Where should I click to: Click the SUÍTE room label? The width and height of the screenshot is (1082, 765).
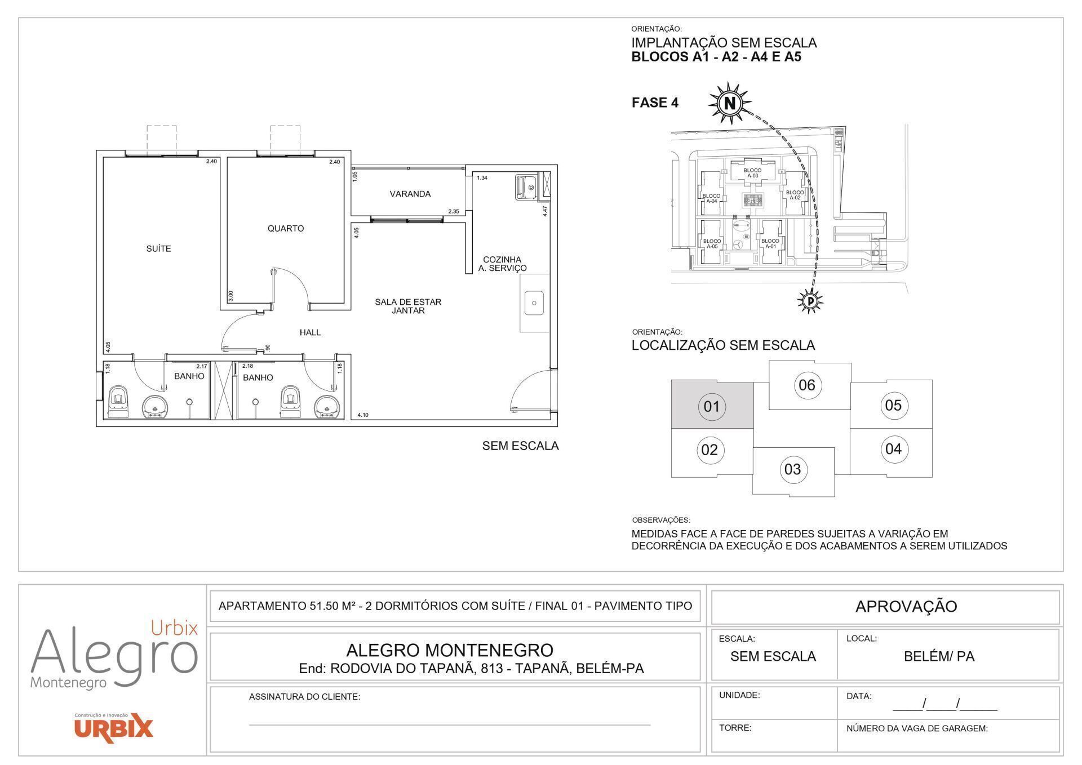[x=158, y=248]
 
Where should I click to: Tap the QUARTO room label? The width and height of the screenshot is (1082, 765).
[x=286, y=228]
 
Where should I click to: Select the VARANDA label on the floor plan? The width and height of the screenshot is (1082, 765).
[x=410, y=194]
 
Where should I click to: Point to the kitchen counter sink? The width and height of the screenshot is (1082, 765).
[x=534, y=303]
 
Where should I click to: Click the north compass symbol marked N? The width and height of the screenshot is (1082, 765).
[x=730, y=103]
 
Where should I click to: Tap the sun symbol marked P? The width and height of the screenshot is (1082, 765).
[x=810, y=301]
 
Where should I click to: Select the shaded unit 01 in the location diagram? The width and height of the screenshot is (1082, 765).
[x=712, y=406]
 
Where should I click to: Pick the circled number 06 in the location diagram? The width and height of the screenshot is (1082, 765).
[x=807, y=385]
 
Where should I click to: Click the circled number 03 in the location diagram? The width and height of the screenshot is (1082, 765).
[x=792, y=469]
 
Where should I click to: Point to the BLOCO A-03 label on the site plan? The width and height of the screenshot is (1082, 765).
[x=752, y=173]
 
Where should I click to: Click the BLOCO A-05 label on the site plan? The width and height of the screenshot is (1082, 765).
[x=712, y=244]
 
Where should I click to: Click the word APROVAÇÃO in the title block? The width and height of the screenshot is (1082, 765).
[x=906, y=607]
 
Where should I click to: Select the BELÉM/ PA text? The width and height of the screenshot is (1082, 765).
[x=939, y=656]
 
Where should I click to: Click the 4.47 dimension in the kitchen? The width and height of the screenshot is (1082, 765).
[x=544, y=211]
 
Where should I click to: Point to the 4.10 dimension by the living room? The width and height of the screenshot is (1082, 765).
[x=363, y=415]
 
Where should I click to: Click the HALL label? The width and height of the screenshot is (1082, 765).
[x=310, y=332]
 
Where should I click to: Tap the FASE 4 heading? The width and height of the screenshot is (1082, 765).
[x=655, y=103]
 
